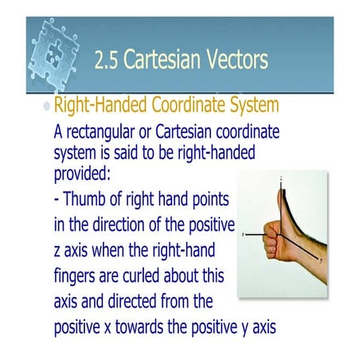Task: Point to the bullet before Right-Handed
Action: coord(45,107)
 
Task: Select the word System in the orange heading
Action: coord(254,108)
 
